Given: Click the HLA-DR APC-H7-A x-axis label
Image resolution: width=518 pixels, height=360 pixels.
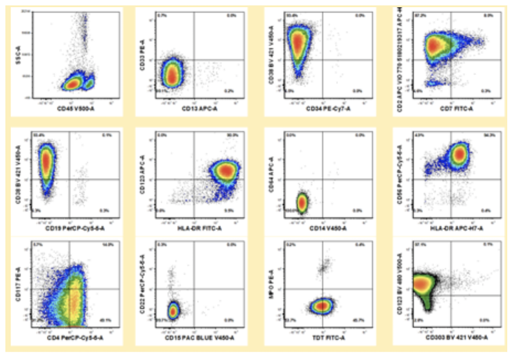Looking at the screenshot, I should click(451, 228).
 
